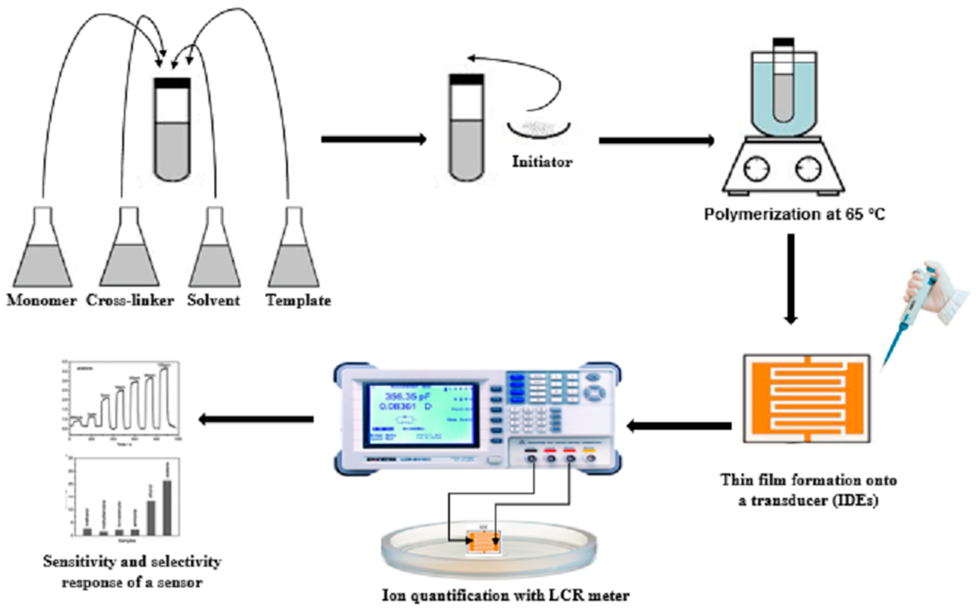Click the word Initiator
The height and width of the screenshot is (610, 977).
pyautogui.click(x=542, y=162)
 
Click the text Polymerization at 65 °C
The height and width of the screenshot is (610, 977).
pyautogui.click(x=794, y=214)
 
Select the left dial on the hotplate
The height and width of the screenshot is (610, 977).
pyautogui.click(x=757, y=168)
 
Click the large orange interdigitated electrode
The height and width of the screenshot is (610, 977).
pyautogui.click(x=807, y=398)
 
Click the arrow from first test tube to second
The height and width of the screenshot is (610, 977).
pyautogui.click(x=373, y=140)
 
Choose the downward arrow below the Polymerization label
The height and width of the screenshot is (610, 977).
pyautogui.click(x=791, y=278)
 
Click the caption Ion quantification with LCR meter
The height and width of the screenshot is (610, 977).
pyautogui.click(x=505, y=595)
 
